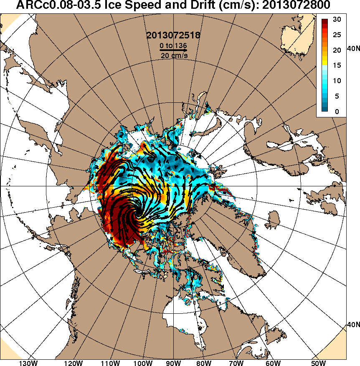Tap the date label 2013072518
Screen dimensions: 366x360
click(173, 35)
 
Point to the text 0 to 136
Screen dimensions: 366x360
click(173, 45)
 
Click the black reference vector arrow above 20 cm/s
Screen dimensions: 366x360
click(173, 50)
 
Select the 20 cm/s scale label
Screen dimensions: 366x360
click(173, 56)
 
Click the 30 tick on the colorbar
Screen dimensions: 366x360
click(337, 19)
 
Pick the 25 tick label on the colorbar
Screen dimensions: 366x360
click(337, 35)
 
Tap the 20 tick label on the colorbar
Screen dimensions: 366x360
click(337, 50)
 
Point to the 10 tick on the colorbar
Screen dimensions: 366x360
click(337, 81)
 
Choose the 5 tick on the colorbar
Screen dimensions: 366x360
click(337, 96)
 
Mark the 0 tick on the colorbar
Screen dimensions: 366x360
click(337, 112)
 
